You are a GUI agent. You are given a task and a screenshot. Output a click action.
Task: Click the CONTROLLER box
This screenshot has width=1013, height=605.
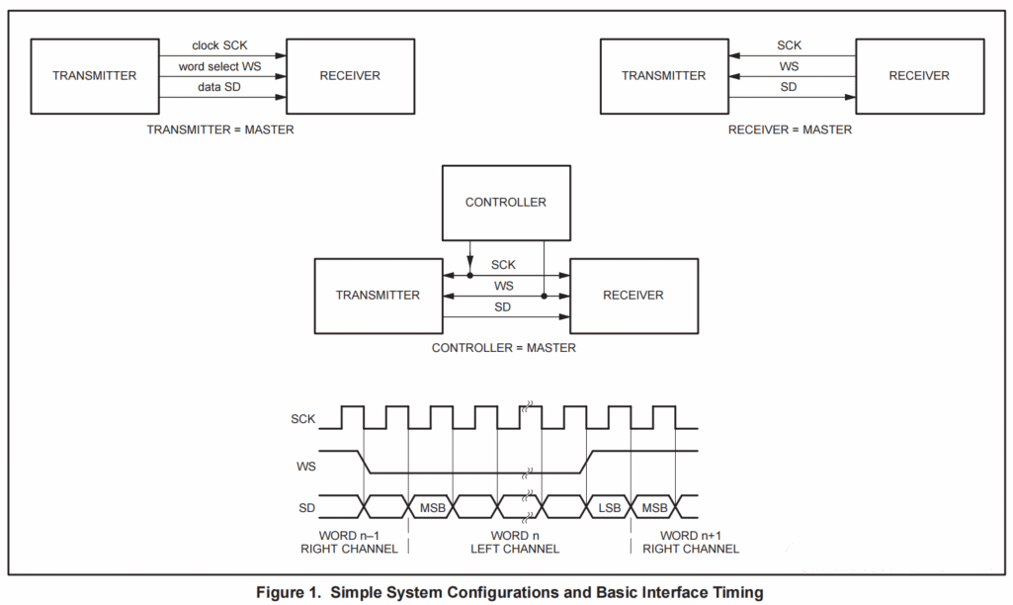click(x=505, y=203)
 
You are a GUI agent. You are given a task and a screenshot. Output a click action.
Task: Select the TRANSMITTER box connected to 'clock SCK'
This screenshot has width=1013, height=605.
click(x=95, y=76)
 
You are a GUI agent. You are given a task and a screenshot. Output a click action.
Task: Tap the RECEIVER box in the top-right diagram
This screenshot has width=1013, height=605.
click(x=918, y=76)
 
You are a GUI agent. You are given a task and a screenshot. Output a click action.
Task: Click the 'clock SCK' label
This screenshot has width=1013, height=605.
click(x=219, y=45)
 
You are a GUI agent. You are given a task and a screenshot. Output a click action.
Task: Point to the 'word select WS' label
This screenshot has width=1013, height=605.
click(x=220, y=67)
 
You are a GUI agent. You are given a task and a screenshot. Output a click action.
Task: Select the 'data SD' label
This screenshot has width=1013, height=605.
click(x=220, y=88)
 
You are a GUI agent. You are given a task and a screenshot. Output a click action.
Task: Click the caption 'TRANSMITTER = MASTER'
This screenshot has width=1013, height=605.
click(x=219, y=130)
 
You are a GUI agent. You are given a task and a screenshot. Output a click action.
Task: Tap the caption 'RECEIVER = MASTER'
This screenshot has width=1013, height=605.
click(x=790, y=130)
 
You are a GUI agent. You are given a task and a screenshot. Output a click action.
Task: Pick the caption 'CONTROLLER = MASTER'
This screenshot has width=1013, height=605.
click(x=504, y=348)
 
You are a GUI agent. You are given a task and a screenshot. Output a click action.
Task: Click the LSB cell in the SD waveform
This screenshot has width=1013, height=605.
click(x=609, y=507)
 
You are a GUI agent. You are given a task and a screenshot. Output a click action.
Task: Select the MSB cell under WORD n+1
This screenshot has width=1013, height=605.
click(x=654, y=507)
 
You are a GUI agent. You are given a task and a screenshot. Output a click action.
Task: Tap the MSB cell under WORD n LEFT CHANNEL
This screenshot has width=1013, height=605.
click(x=431, y=507)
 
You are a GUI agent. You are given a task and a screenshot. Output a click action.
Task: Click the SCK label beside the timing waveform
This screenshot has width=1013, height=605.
click(x=302, y=418)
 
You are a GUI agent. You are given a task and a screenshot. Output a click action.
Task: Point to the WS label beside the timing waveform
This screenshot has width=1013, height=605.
click(x=305, y=464)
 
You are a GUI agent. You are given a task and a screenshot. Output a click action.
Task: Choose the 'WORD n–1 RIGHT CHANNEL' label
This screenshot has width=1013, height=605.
click(x=349, y=542)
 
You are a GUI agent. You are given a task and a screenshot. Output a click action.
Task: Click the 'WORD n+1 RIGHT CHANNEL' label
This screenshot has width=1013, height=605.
click(x=688, y=542)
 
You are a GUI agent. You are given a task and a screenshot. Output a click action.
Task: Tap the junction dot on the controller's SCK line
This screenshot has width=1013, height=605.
click(x=469, y=275)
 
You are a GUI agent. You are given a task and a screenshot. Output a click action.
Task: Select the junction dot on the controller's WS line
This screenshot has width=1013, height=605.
click(x=544, y=296)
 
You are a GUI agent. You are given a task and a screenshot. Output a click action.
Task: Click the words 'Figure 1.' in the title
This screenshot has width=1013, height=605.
click(x=289, y=592)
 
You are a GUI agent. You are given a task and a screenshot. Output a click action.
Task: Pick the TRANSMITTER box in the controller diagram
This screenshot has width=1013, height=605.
click(x=378, y=296)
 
